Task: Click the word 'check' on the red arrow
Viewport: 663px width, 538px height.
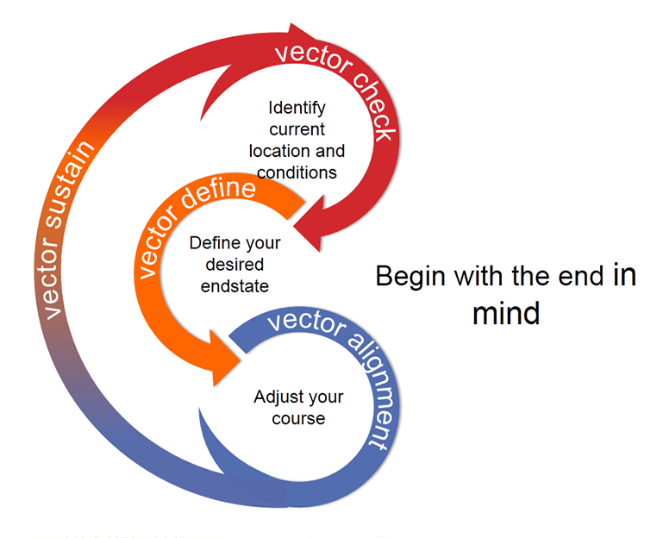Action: pyautogui.click(x=367, y=103)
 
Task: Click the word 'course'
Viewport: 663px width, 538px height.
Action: pyautogui.click(x=298, y=418)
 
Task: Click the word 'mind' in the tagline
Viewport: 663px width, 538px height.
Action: pyautogui.click(x=505, y=312)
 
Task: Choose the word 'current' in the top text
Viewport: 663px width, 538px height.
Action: pyautogui.click(x=297, y=130)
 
